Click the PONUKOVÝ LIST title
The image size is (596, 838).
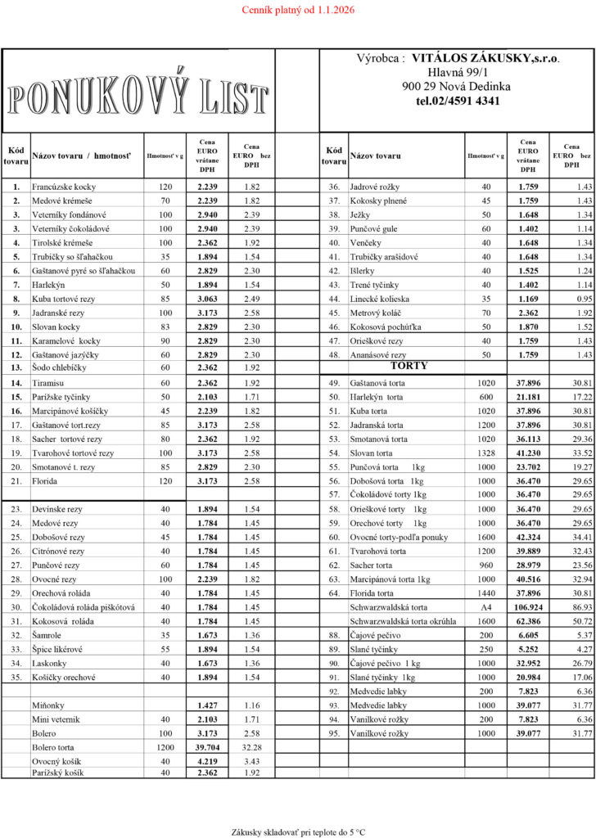point(138,96)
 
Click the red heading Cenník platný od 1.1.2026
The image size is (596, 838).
point(297,11)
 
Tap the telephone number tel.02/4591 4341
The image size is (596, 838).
point(458,101)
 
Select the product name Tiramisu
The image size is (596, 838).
point(50,382)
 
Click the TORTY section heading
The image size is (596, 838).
point(409,366)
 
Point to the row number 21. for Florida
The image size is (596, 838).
point(16,481)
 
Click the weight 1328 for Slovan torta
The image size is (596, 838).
point(486,453)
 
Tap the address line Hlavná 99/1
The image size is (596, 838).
point(458,73)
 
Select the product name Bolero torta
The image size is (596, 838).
point(53,747)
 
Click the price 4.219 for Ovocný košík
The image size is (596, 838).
point(208,762)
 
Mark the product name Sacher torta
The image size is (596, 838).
point(371,565)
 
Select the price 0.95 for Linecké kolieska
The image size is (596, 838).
point(583,298)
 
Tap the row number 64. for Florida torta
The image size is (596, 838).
point(333,593)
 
